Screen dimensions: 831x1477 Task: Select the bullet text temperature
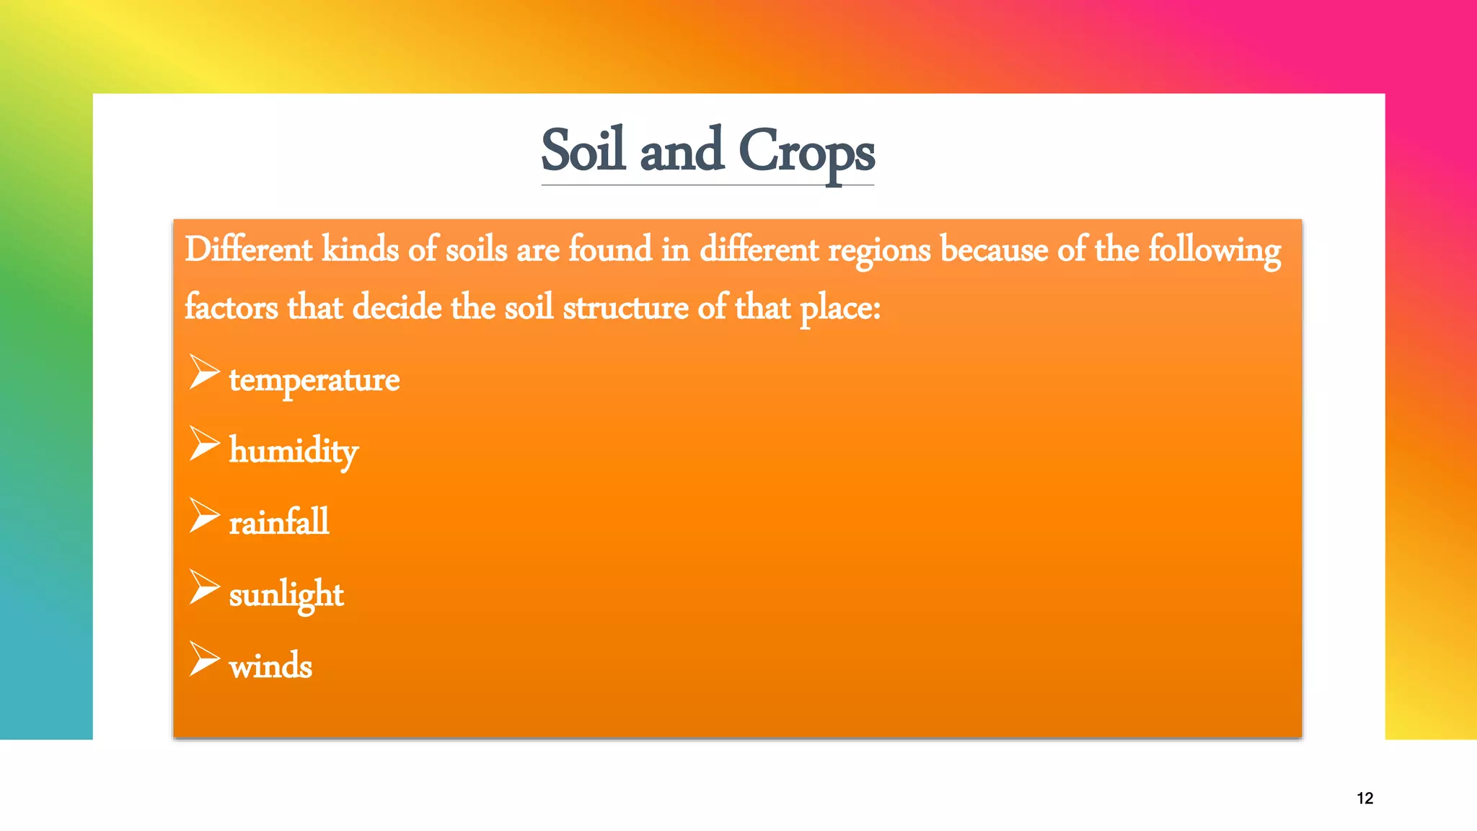314,379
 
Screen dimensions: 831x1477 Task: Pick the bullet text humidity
294,451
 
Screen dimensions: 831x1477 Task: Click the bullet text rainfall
278,522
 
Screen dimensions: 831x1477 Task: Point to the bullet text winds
270,665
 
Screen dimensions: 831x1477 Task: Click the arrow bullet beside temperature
203,372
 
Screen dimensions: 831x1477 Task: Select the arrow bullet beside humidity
203,443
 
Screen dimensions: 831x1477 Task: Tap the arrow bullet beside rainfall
203,515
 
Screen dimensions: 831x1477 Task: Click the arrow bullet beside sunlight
203,586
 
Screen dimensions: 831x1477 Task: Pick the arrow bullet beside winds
203,658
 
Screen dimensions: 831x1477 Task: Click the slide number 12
1364,798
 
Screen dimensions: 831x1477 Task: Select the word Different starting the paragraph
248,250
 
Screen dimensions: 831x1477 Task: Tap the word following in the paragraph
1214,250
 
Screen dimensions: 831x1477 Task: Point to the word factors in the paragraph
231,307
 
